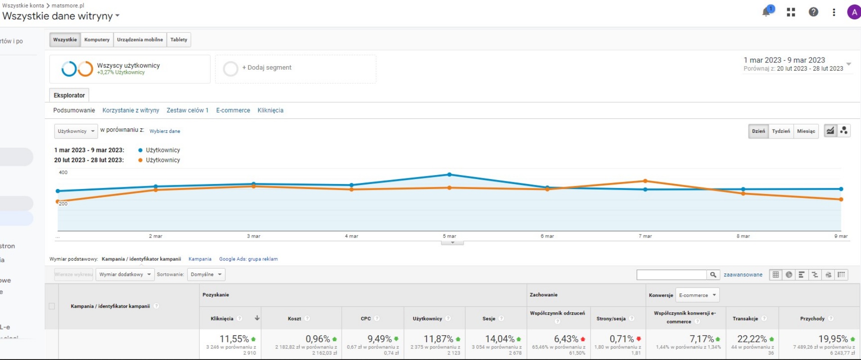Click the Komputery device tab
[x=97, y=40]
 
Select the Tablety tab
[x=179, y=40]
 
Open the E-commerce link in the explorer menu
[x=233, y=110]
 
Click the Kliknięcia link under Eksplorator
[x=270, y=110]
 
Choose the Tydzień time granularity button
[x=781, y=131]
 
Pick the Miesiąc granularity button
[x=806, y=131]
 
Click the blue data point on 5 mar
[x=449, y=175]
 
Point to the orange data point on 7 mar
[x=645, y=181]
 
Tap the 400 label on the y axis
[x=63, y=172]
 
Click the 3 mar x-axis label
[x=253, y=236]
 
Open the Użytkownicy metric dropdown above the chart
[x=76, y=131]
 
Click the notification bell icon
[x=766, y=12]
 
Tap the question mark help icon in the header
[x=813, y=12]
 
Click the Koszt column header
[x=294, y=319]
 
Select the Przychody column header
[x=812, y=319]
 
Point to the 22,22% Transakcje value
[x=752, y=339]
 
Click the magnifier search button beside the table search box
[x=713, y=274]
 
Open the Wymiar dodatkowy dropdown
[x=125, y=274]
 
